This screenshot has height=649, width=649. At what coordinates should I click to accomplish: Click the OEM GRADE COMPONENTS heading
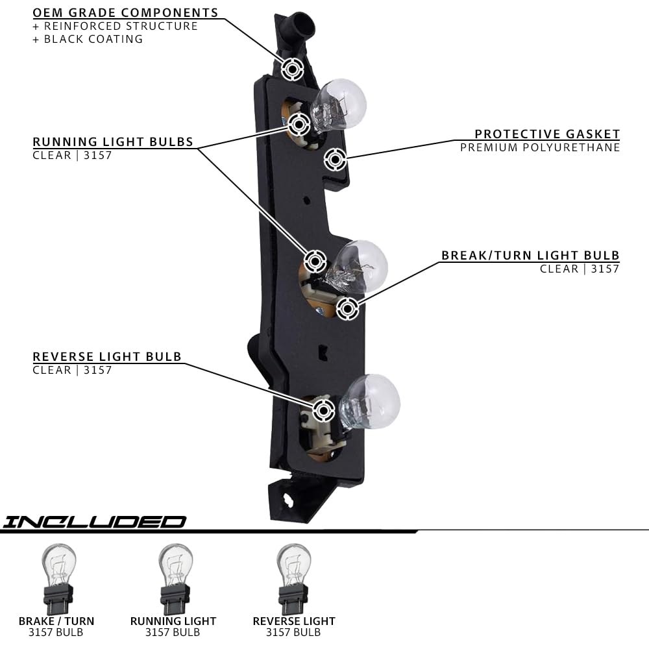pyautogui.click(x=125, y=13)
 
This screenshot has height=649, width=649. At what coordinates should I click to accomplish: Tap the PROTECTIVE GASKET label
pyautogui.click(x=547, y=134)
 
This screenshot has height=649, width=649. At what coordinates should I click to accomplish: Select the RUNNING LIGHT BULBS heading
pyautogui.click(x=113, y=142)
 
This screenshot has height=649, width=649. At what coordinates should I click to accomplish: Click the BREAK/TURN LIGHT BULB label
pyautogui.click(x=530, y=256)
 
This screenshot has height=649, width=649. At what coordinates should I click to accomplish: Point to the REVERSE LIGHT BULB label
pyautogui.click(x=107, y=357)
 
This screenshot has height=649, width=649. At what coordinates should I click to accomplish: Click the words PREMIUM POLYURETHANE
pyautogui.click(x=540, y=147)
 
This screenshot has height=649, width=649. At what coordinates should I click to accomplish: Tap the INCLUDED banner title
pyautogui.click(x=94, y=522)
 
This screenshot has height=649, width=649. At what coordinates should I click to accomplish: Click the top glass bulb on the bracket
pyautogui.click(x=340, y=103)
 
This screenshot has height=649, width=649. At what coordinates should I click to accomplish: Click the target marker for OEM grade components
pyautogui.click(x=292, y=69)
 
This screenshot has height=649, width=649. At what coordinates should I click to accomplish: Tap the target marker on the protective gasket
pyautogui.click(x=334, y=159)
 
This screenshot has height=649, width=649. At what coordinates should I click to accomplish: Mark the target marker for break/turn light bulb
pyautogui.click(x=348, y=309)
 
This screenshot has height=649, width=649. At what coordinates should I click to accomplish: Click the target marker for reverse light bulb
pyautogui.click(x=323, y=410)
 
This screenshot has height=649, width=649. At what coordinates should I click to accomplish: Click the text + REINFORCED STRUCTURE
pyautogui.click(x=115, y=26)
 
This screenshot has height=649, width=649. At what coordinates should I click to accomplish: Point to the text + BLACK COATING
pyautogui.click(x=88, y=39)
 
